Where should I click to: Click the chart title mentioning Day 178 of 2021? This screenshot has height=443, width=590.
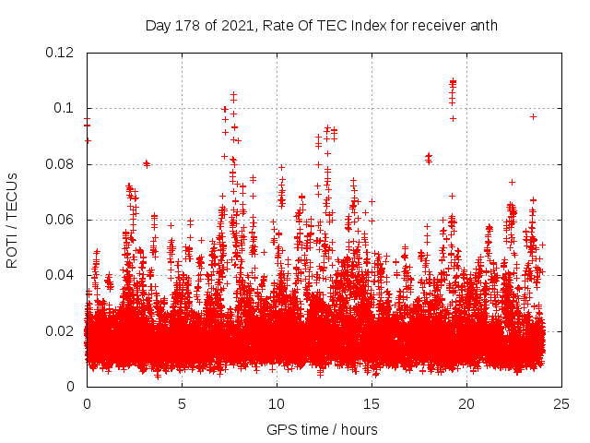coord(321,26)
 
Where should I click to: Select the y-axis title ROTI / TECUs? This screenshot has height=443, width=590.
coord(12,220)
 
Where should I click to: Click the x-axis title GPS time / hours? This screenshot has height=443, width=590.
coord(322,429)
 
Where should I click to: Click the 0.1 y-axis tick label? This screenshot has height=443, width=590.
coord(65,108)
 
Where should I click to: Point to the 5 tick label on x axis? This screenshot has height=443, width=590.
coord(182,403)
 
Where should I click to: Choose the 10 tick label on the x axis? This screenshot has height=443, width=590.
coord(277,403)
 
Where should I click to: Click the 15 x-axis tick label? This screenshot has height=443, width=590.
coord(372,403)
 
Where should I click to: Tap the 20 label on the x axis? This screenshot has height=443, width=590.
coord(466,403)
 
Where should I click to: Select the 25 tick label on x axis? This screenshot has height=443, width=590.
coord(561,403)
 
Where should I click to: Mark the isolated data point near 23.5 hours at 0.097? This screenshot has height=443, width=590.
coord(533,116)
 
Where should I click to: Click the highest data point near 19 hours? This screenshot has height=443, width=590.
coord(453,81)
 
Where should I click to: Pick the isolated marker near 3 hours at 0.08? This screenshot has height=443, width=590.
coord(146,163)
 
